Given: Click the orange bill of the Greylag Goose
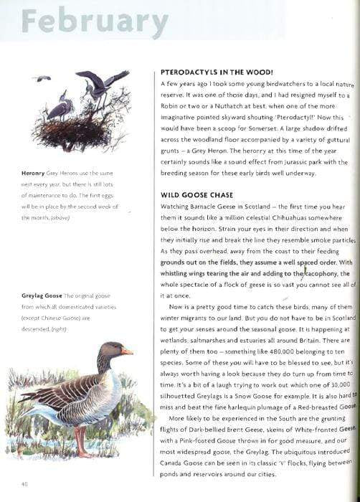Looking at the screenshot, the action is tap(126, 351).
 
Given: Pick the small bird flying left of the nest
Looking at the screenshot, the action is tap(43, 78).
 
